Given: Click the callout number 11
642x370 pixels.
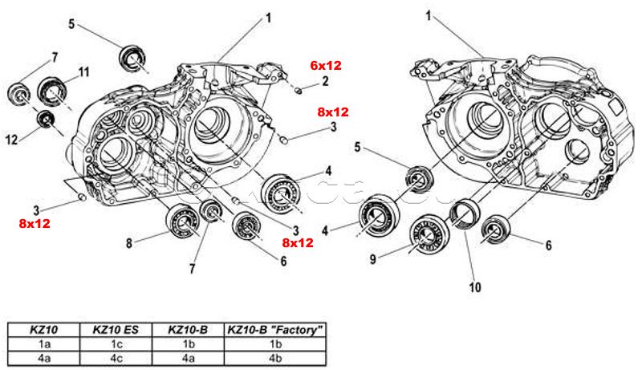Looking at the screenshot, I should pos(84,72).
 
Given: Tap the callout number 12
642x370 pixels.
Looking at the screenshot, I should pos(12,139).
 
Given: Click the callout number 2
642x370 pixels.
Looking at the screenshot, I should pos(325,80).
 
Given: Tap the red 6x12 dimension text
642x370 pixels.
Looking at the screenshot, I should pos(325,64).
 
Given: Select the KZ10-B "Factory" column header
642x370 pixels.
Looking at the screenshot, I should pos(275,329).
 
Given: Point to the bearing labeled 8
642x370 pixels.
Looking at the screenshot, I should pos(182,219).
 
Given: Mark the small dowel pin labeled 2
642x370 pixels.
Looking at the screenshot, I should pos(297,89).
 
